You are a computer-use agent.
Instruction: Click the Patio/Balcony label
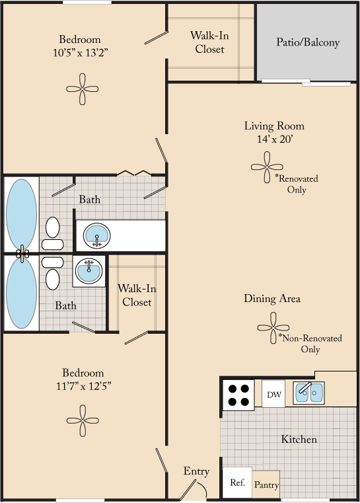click(307, 42)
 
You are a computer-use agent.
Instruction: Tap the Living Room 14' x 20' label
click(274, 132)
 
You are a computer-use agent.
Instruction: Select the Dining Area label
click(272, 299)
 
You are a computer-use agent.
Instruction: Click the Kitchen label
click(299, 439)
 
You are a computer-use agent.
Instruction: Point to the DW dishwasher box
click(274, 395)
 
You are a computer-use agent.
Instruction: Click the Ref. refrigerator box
click(237, 483)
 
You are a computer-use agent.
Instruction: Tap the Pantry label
click(266, 485)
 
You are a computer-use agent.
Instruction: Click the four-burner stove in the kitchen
click(238, 395)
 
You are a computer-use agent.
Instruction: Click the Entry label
click(196, 471)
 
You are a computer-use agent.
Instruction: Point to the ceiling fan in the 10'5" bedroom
click(83, 89)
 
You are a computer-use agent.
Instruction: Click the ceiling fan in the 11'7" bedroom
click(83, 419)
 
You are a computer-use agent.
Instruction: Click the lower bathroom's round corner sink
click(88, 270)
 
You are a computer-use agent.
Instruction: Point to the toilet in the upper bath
click(52, 234)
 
